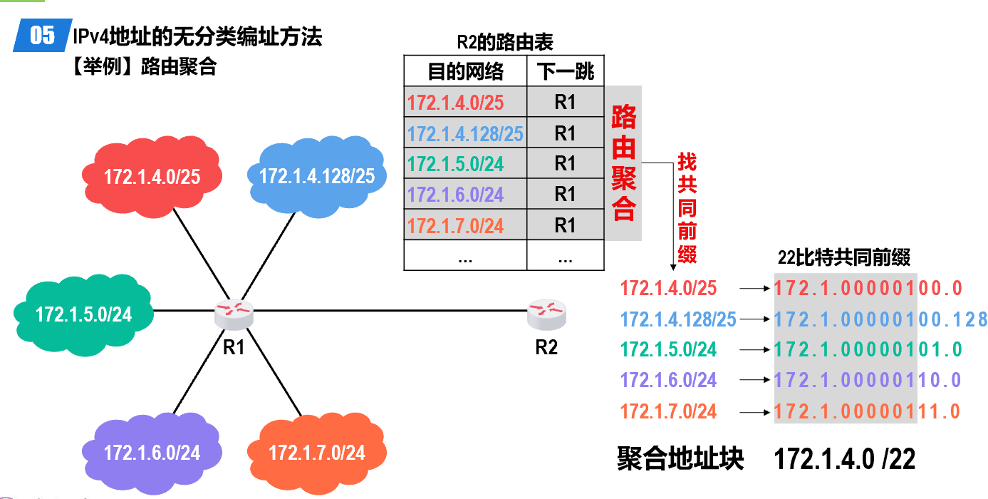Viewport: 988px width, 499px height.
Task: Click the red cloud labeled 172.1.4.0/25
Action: [x=152, y=175]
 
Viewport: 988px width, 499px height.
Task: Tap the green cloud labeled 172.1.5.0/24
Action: [x=83, y=313]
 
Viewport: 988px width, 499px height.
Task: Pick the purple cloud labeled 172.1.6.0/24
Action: [x=152, y=451]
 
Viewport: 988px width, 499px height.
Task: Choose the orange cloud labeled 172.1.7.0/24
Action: [x=316, y=452]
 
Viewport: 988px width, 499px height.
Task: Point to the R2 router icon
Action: [x=546, y=312]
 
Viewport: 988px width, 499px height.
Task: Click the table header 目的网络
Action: [x=465, y=71]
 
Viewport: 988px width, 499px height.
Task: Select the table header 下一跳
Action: [x=565, y=71]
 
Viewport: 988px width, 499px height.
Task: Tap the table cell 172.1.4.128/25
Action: [x=465, y=133]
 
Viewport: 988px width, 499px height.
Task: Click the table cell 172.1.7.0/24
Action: [x=456, y=226]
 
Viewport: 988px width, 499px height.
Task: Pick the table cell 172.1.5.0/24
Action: [x=456, y=164]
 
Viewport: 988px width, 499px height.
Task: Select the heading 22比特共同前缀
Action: [x=844, y=257]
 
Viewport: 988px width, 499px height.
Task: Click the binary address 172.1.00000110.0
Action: [x=868, y=380]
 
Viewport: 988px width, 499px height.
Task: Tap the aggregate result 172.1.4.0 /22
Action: [x=844, y=459]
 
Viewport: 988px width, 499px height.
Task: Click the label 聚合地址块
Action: [x=680, y=459]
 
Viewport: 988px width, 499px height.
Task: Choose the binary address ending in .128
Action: [x=880, y=319]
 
